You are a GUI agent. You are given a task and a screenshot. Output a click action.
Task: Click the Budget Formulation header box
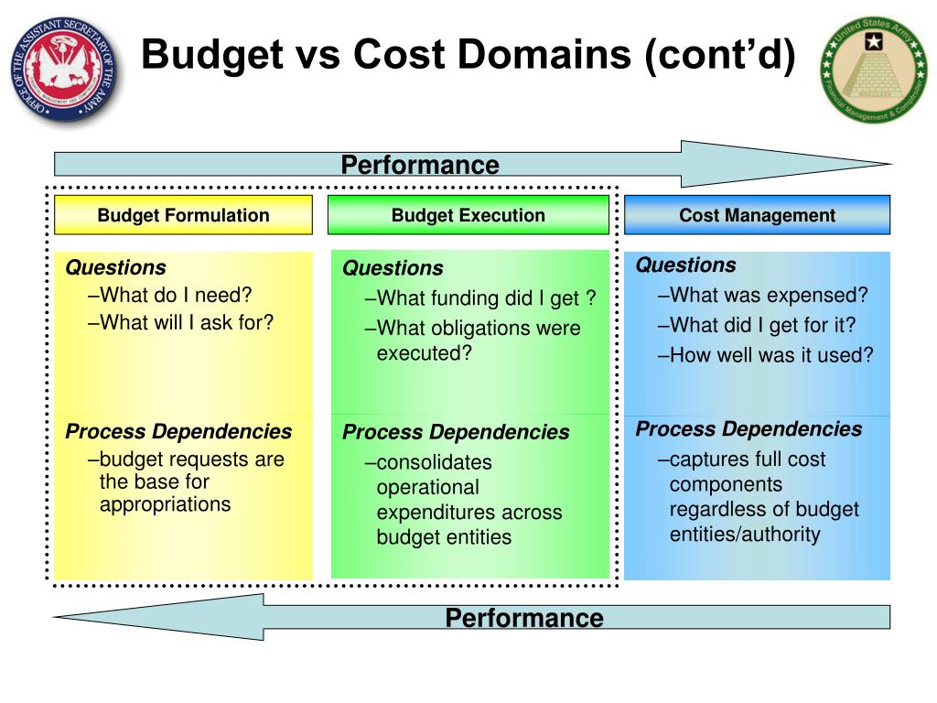tap(183, 215)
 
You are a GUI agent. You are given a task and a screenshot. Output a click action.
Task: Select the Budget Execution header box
tap(468, 215)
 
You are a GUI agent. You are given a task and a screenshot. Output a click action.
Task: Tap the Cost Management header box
tap(757, 215)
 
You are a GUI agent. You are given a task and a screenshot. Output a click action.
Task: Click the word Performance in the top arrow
tap(420, 165)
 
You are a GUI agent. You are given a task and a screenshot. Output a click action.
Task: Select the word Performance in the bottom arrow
tap(524, 618)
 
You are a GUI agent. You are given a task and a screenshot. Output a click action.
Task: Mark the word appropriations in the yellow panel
tap(165, 504)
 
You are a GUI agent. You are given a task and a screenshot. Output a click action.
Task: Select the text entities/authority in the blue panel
tap(745, 534)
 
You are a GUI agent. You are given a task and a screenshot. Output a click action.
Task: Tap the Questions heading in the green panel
tap(393, 268)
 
